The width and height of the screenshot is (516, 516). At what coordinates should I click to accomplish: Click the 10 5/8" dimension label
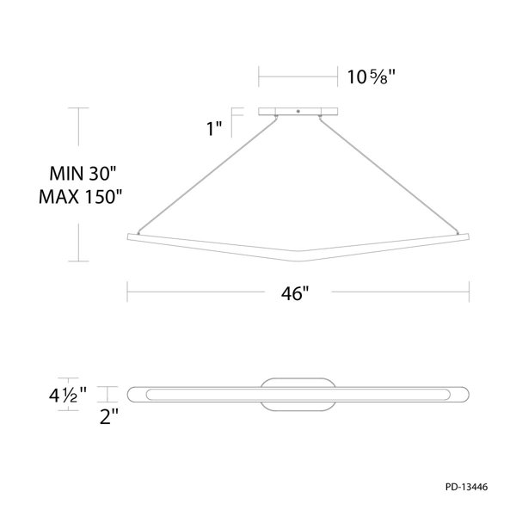[x=371, y=77]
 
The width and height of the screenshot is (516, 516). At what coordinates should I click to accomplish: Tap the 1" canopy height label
[x=214, y=128]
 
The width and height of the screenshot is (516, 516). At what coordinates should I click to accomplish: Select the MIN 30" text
[x=83, y=174]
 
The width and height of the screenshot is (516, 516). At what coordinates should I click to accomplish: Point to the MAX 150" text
[x=80, y=197]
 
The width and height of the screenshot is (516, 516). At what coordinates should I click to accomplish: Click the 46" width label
[x=295, y=293]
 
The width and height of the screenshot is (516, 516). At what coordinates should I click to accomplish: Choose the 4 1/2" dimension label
[x=67, y=395]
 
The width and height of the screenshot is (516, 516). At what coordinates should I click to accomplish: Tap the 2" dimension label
[x=109, y=416]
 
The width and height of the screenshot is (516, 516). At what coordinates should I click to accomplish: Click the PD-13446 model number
[x=467, y=487]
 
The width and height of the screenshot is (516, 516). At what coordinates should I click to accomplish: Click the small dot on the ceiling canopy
[x=298, y=111]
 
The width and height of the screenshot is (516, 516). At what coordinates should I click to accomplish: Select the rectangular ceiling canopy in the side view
[x=298, y=112]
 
